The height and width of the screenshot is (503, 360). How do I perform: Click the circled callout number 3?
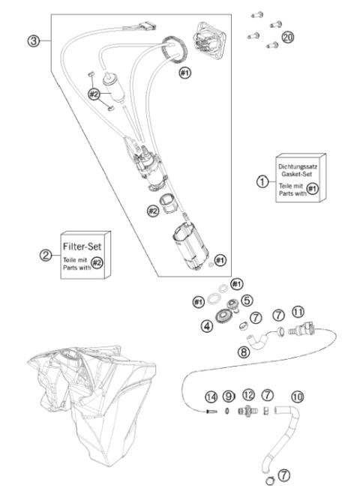point(34,40)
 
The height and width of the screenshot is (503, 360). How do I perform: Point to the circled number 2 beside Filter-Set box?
point(45,255)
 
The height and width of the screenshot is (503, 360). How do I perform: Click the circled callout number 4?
point(206,325)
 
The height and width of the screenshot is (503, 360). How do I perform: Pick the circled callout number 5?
point(247,298)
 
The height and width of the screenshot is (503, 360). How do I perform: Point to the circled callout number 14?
point(211,395)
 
